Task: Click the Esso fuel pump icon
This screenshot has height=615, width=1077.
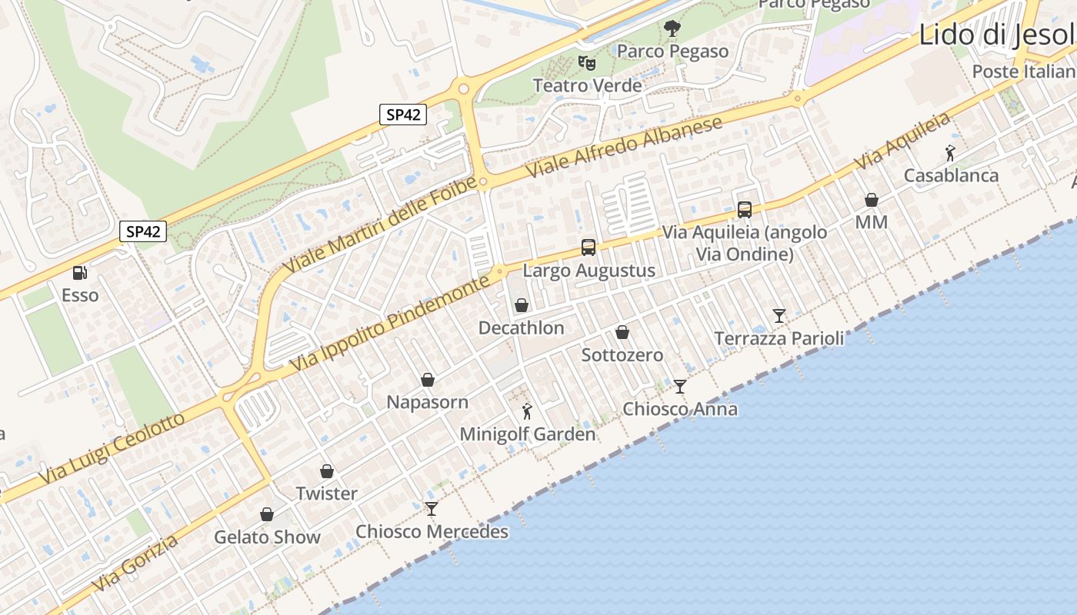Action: [x=79, y=272]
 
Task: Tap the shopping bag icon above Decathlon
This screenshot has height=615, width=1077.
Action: [x=522, y=305]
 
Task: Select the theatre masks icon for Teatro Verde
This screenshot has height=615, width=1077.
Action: [x=587, y=62]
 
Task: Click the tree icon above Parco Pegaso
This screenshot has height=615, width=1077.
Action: [x=672, y=29]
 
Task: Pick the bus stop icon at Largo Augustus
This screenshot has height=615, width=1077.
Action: [x=589, y=248]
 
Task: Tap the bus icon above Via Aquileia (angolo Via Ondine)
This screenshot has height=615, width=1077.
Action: [x=745, y=209]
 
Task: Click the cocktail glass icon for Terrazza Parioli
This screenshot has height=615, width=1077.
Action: [x=779, y=315]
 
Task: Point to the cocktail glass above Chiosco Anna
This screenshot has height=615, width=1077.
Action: [x=680, y=386]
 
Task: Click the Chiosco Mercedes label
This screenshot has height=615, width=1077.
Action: [x=432, y=531]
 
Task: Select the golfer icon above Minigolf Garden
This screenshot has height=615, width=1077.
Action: [x=527, y=411]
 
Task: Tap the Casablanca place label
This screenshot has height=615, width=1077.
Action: [x=951, y=175]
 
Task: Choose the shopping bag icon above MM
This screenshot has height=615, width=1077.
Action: [x=872, y=200]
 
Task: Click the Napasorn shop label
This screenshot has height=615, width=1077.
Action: [x=427, y=402]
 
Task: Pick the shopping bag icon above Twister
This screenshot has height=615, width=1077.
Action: [x=327, y=471]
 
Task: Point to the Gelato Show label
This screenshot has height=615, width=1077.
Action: [x=267, y=537]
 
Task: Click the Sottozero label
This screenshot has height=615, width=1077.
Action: [x=622, y=355]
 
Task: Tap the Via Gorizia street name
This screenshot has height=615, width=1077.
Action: [x=135, y=564]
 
